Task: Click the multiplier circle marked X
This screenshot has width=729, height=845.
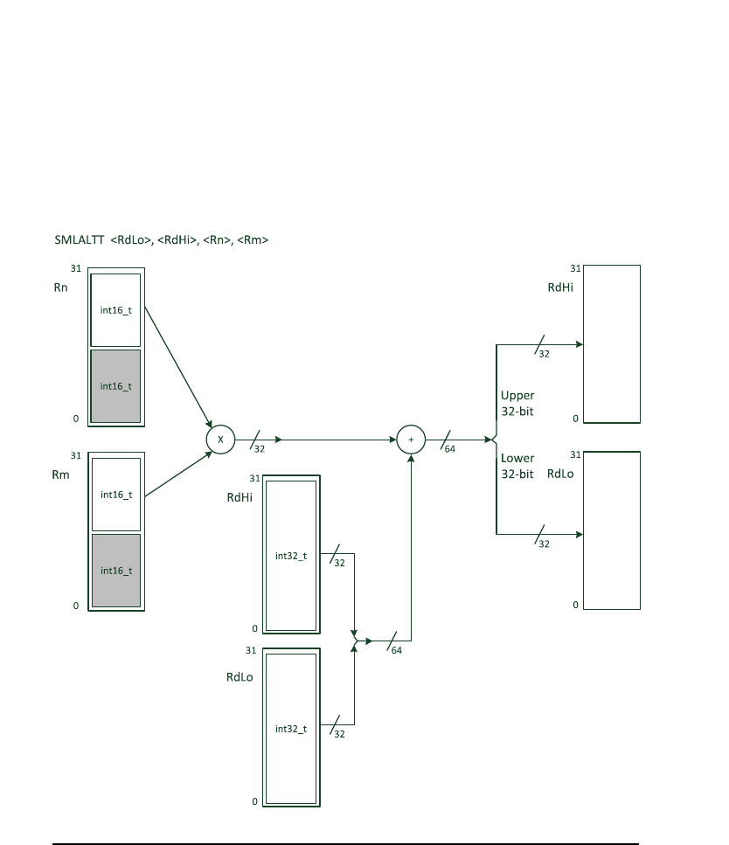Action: pyautogui.click(x=220, y=440)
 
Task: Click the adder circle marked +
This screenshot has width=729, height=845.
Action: pyautogui.click(x=411, y=440)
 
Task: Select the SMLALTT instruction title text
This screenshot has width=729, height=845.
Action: pyautogui.click(x=161, y=239)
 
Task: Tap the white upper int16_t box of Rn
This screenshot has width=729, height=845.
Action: pyautogui.click(x=116, y=309)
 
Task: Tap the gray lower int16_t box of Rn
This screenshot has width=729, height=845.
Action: pyautogui.click(x=116, y=385)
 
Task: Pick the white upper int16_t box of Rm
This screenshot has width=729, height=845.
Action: pyautogui.click(x=116, y=494)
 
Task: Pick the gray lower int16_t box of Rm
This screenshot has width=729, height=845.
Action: pyautogui.click(x=116, y=570)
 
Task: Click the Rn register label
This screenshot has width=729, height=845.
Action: pyautogui.click(x=60, y=286)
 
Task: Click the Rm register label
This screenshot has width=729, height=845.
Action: pyautogui.click(x=61, y=474)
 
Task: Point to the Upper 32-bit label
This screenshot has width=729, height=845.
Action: pyautogui.click(x=517, y=403)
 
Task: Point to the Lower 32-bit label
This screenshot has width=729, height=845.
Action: pyautogui.click(x=517, y=466)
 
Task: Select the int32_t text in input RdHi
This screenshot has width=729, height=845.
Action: pyautogui.click(x=291, y=555)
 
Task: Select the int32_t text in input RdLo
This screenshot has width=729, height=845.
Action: pyautogui.click(x=291, y=728)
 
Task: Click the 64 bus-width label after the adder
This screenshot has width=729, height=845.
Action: pyautogui.click(x=449, y=449)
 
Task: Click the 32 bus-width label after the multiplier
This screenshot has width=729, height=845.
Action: pyautogui.click(x=259, y=449)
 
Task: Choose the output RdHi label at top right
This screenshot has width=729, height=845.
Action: pyautogui.click(x=560, y=287)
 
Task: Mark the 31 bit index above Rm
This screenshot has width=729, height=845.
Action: pyautogui.click(x=75, y=455)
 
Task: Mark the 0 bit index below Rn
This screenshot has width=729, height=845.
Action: pyautogui.click(x=75, y=419)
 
